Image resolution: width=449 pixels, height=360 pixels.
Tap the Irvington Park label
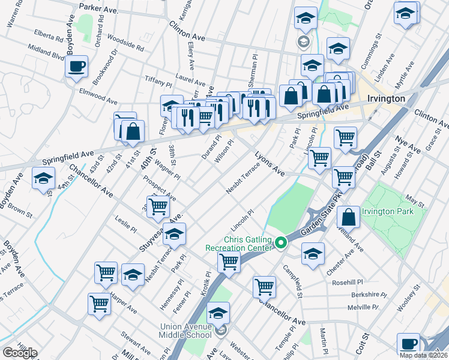pos(394,211)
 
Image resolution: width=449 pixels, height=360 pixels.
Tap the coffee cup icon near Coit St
pos(408,344)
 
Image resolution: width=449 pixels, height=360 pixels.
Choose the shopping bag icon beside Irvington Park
pos(348,217)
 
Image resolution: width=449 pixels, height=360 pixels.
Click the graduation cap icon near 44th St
pos(44,179)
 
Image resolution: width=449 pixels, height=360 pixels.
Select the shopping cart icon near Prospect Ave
pos(158,206)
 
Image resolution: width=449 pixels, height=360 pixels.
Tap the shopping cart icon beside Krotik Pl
pos(229,261)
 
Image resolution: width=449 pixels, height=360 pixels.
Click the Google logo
pos(20,353)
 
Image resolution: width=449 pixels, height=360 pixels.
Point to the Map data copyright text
pos(424,355)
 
